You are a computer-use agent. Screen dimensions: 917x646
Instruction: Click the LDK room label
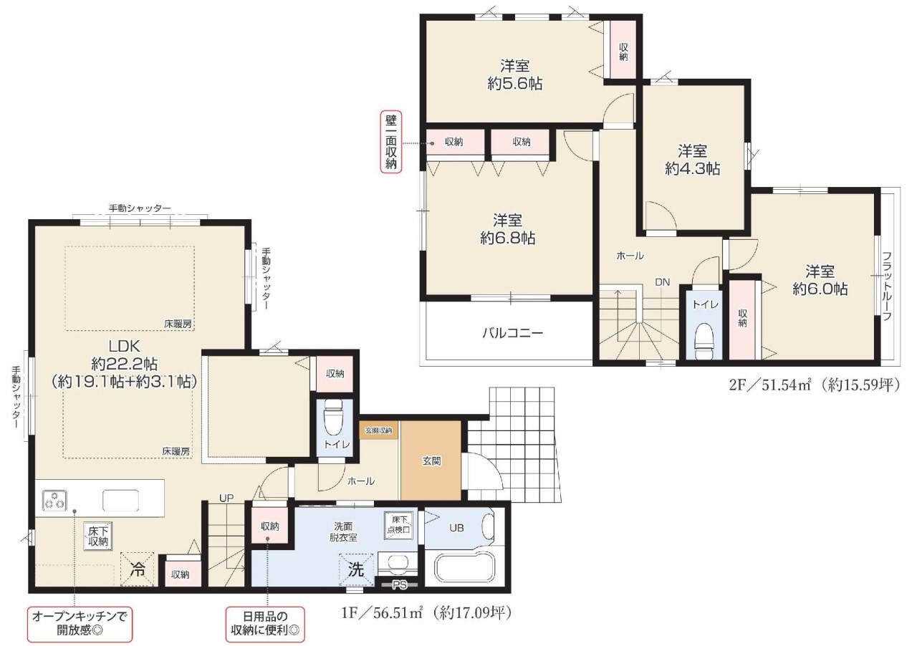click(x=124, y=347)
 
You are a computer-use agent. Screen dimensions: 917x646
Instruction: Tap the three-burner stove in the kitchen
click(x=54, y=501)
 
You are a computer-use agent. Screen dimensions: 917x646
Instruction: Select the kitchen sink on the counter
click(x=120, y=501)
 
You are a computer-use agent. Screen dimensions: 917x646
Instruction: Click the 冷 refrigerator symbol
click(x=138, y=569)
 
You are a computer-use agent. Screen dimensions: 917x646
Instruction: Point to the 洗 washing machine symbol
click(x=356, y=569)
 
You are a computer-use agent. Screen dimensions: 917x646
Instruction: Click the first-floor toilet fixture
click(x=332, y=418)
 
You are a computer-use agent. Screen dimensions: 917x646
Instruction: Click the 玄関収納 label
click(x=379, y=430)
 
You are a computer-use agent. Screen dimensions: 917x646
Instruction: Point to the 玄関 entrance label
click(x=431, y=461)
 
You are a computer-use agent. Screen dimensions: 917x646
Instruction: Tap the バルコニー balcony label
click(x=512, y=333)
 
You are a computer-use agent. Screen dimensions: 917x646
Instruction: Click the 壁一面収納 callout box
click(x=391, y=142)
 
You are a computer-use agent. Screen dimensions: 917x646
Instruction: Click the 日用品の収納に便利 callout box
click(x=265, y=625)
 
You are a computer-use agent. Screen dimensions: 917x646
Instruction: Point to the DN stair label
click(x=663, y=282)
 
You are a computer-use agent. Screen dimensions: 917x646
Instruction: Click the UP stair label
click(x=226, y=498)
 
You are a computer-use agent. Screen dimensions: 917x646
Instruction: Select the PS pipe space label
click(x=400, y=585)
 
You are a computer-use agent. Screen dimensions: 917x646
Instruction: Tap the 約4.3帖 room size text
click(x=692, y=169)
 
